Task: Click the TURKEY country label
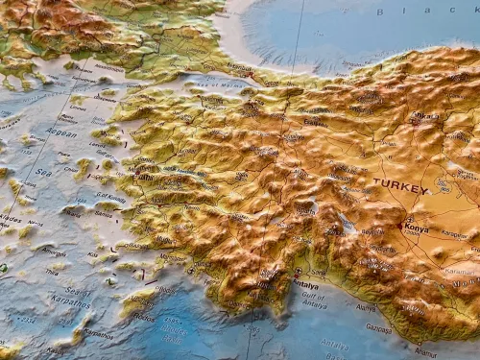400,186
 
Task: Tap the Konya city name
418,229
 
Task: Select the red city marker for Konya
401,227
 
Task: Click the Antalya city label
305,285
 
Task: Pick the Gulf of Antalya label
315,300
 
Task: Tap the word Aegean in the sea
60,132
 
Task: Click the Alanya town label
366,307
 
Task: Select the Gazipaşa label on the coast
379,328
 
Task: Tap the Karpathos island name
97,333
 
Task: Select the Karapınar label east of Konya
453,233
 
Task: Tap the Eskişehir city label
316,122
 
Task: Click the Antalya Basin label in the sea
335,345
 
